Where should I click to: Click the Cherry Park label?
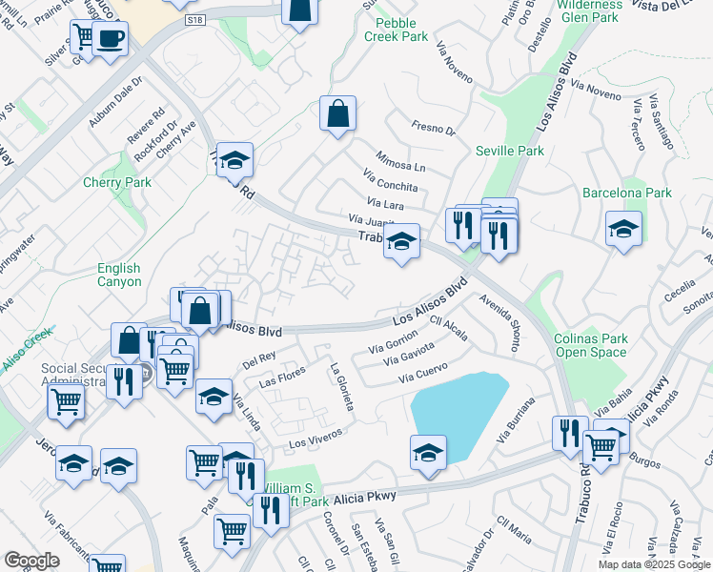(117, 182)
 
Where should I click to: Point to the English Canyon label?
(119, 275)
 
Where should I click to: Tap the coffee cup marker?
(112, 39)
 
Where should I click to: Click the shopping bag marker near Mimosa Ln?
(337, 114)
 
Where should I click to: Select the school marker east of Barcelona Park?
(623, 229)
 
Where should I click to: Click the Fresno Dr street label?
(434, 128)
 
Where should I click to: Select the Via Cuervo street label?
(423, 374)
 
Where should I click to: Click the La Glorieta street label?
(341, 386)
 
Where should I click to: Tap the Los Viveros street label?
(315, 438)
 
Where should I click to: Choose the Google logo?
(31, 561)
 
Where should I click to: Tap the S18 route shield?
(195, 19)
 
